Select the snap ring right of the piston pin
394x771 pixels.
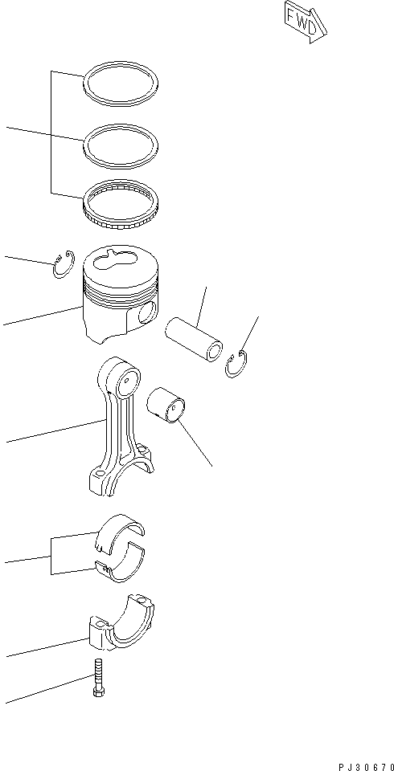point(236,365)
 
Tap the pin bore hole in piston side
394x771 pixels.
point(146,313)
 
